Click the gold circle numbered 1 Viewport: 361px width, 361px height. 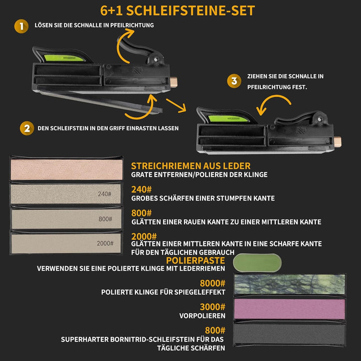tap(21, 26)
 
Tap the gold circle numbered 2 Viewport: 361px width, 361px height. tap(27, 128)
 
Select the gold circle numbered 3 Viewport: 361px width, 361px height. tap(234, 81)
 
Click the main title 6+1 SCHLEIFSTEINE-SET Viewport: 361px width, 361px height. tap(177, 11)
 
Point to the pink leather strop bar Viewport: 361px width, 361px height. tap(67, 169)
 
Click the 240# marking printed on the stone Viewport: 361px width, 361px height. tap(104, 194)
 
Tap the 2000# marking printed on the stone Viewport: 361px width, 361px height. tap(105, 243)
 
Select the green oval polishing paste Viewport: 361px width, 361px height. tap(257, 263)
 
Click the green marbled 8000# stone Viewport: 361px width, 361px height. tap(290, 284)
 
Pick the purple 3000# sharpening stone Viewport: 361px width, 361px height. tap(290, 309)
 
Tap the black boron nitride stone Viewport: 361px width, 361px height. tap(290, 334)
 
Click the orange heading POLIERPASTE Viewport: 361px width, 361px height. tap(196, 260)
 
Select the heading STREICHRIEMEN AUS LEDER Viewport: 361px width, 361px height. tap(191, 166)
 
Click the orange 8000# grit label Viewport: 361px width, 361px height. tap(213, 283)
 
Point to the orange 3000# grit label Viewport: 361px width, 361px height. tap(213, 307)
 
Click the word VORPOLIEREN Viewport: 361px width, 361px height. tap(203, 316)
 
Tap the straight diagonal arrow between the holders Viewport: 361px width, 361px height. tap(176, 105)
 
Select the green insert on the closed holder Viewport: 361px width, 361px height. tap(228, 118)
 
